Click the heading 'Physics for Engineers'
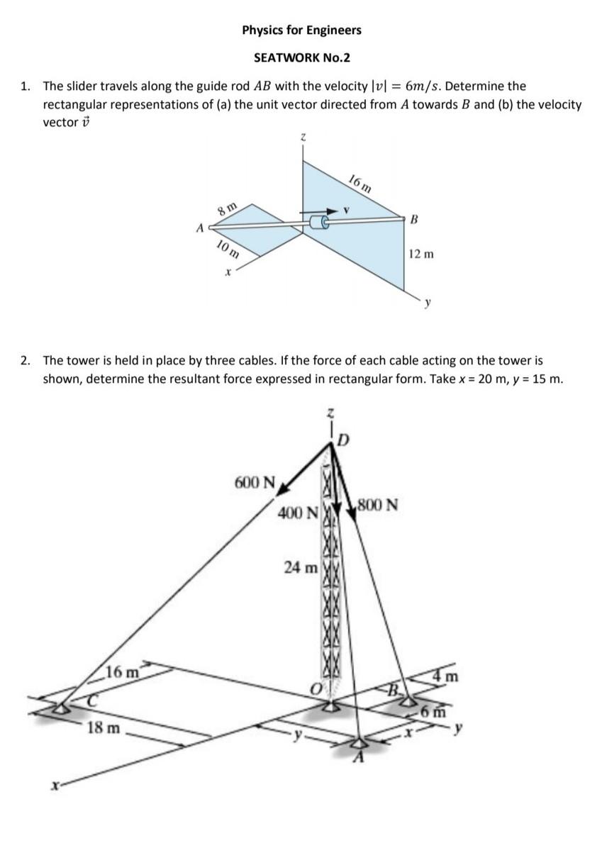click(301, 30)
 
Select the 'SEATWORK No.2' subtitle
click(301, 57)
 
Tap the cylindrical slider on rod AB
click(321, 223)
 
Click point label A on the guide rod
click(199, 228)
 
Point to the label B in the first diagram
click(413, 220)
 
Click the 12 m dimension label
click(422, 254)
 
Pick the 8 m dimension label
click(227, 209)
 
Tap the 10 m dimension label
click(227, 249)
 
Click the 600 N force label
click(255, 483)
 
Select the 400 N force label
click(297, 512)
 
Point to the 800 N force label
click(377, 506)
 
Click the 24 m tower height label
click(301, 567)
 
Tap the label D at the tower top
click(344, 441)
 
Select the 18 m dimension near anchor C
click(103, 728)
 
